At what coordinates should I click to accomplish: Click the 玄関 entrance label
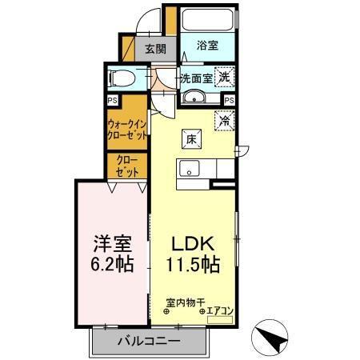click(x=155, y=47)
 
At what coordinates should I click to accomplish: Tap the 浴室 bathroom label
click(x=207, y=46)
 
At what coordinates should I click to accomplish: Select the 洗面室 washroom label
click(x=195, y=78)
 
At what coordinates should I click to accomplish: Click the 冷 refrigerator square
click(x=225, y=121)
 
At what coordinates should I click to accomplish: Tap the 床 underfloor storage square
click(x=191, y=138)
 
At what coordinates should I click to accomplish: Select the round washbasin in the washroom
click(x=195, y=98)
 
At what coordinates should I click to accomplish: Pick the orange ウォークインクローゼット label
click(x=126, y=129)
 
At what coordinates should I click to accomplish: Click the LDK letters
click(x=193, y=243)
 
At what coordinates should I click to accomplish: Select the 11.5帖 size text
click(x=193, y=264)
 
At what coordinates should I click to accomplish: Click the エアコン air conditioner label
click(x=219, y=310)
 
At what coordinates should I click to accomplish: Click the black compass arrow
click(x=273, y=339)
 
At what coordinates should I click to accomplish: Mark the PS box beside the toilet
click(x=112, y=100)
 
